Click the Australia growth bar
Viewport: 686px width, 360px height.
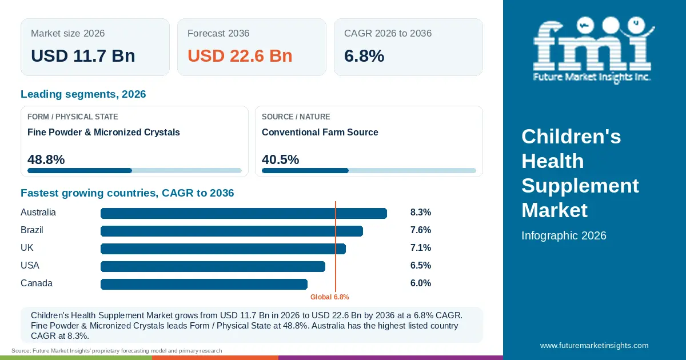coord(244,213)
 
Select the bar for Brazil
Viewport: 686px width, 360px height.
coord(232,231)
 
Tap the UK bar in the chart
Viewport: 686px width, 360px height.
coord(224,249)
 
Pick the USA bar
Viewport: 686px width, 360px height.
coord(213,266)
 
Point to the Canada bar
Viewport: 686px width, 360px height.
coord(204,284)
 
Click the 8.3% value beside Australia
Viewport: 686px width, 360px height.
coord(421,212)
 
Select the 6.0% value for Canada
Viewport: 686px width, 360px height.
coord(421,283)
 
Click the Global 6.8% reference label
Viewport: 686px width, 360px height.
coord(329,297)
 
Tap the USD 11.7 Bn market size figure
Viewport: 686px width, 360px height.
coord(83,56)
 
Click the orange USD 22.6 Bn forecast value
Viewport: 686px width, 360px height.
coord(240,56)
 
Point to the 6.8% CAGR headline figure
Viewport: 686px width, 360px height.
coord(364,56)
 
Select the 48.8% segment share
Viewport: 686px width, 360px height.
coord(46,159)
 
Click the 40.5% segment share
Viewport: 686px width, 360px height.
coord(280,159)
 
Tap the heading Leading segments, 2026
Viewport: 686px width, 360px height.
coord(83,94)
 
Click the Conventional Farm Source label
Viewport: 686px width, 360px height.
coord(320,132)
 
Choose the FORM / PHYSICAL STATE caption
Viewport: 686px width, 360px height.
coord(73,117)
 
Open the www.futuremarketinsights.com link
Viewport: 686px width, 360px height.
coord(594,345)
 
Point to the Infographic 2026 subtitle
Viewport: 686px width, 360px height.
coord(564,235)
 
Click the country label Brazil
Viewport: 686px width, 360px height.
coord(32,230)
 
